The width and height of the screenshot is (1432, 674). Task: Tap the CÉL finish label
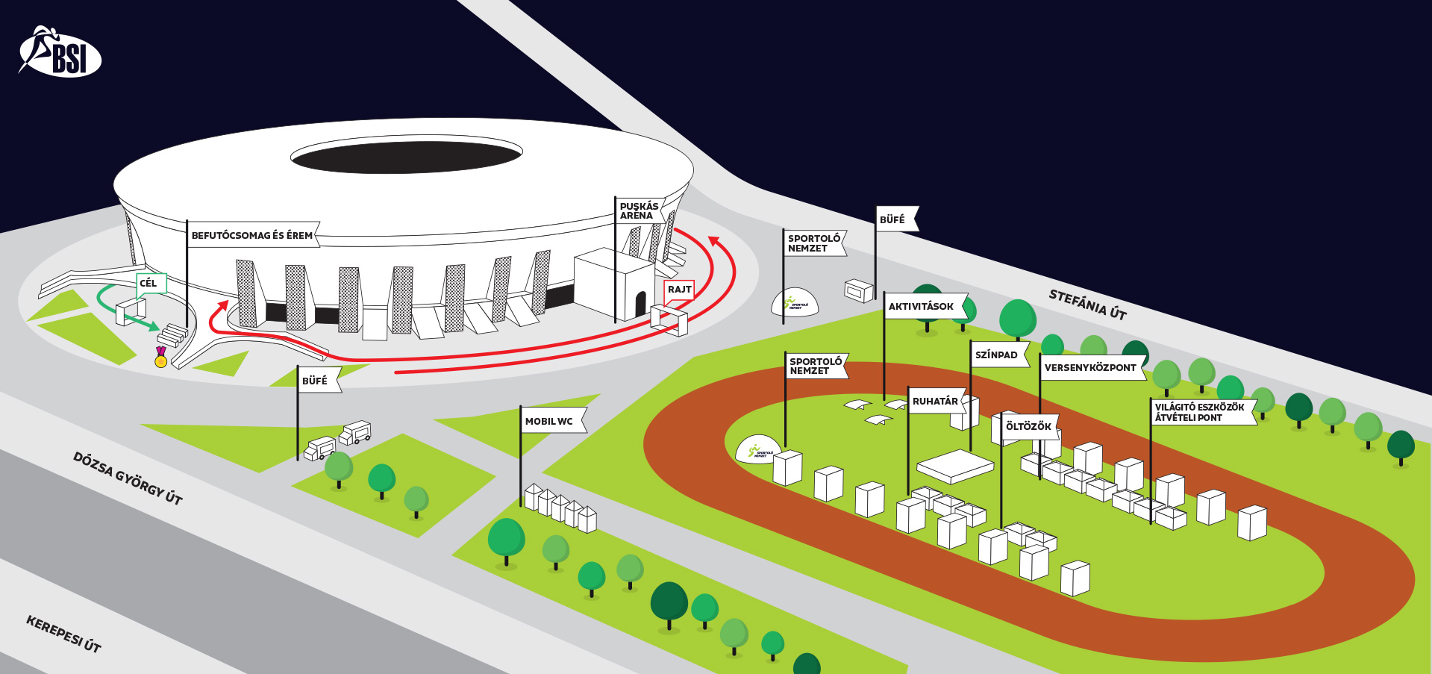(x=149, y=283)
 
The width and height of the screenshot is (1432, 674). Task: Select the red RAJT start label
(x=679, y=290)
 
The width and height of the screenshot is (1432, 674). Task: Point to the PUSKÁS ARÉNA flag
(x=640, y=210)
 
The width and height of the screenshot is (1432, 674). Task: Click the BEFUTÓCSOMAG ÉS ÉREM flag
(x=252, y=235)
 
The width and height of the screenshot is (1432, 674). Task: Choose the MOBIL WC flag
(x=550, y=421)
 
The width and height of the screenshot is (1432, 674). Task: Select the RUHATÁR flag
(x=936, y=401)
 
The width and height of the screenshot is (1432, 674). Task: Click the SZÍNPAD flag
(x=997, y=355)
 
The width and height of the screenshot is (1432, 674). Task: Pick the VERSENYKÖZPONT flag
(x=1090, y=367)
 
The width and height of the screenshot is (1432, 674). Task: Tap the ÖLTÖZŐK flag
(x=1028, y=426)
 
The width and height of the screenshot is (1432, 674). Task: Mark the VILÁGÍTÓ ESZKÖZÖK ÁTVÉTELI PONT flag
(x=1201, y=412)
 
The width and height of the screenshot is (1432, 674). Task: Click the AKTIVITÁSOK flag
(x=922, y=306)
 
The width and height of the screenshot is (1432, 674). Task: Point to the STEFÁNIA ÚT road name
(x=1087, y=304)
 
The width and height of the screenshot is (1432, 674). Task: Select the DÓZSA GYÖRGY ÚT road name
(x=128, y=478)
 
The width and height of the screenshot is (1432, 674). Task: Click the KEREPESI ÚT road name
(x=63, y=634)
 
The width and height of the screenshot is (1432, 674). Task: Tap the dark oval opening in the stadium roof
(x=407, y=157)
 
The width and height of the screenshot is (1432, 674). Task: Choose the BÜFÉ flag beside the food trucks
(x=315, y=381)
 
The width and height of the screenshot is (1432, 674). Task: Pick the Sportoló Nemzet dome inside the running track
(x=758, y=450)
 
